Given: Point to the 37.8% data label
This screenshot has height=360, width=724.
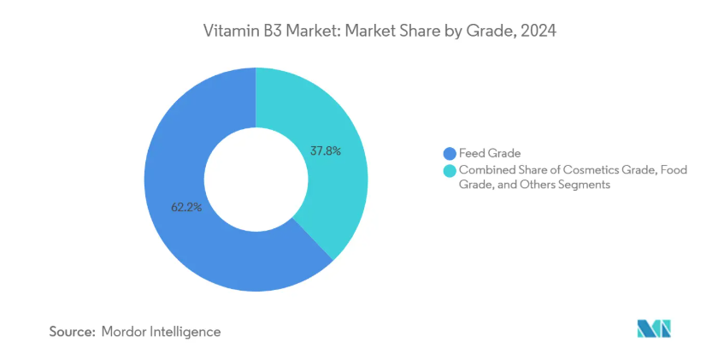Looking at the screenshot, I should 325,151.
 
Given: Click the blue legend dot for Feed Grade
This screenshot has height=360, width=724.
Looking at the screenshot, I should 449,154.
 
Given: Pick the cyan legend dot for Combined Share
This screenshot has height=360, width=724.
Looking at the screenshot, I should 449,170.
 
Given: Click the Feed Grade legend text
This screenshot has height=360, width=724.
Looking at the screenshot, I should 491,154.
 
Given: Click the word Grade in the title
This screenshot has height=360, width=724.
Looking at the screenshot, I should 495,32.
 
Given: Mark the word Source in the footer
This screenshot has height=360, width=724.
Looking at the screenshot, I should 72,331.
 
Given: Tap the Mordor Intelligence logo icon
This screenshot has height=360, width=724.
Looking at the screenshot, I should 654,328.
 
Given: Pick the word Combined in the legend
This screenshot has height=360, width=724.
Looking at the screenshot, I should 486,170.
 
